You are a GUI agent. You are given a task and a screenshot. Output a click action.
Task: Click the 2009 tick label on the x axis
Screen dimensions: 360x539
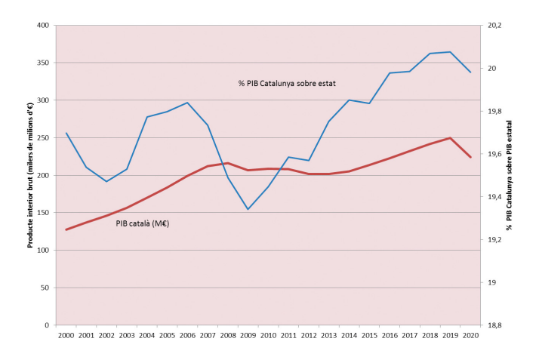coord(248,334)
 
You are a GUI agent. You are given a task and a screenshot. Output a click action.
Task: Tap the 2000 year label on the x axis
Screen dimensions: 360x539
coord(66,334)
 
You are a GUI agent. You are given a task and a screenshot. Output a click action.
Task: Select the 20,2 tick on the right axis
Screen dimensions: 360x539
coord(495,26)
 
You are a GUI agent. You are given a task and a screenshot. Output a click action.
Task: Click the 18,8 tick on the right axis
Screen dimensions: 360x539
coord(495,325)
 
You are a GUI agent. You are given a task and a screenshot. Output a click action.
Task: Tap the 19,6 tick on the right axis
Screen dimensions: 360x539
coord(495,154)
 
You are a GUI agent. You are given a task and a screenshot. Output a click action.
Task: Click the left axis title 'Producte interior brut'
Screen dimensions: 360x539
coord(30,175)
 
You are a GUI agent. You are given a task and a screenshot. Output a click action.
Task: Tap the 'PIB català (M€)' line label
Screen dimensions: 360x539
coord(142,223)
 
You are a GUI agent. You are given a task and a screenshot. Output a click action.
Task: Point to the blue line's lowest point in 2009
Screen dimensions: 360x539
coord(248,209)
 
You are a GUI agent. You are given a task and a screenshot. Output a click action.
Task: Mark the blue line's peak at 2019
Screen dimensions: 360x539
coord(450,52)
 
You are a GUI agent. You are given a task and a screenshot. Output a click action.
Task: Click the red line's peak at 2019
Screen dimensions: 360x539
coord(450,138)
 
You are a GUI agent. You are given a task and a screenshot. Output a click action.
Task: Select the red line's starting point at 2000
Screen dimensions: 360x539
coord(66,229)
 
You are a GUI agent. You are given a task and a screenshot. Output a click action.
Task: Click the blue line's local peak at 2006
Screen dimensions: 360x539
coord(187,103)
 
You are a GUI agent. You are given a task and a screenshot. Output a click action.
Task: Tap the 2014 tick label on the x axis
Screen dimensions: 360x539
coord(349,334)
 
